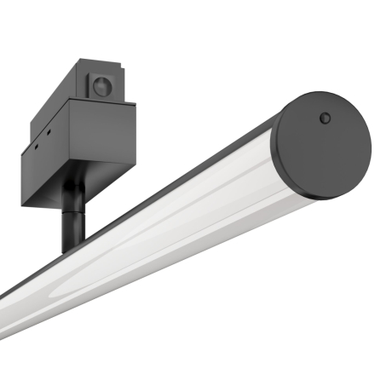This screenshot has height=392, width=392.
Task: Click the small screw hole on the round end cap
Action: (x=325, y=118)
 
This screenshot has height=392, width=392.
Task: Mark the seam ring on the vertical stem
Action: (x=72, y=218)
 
